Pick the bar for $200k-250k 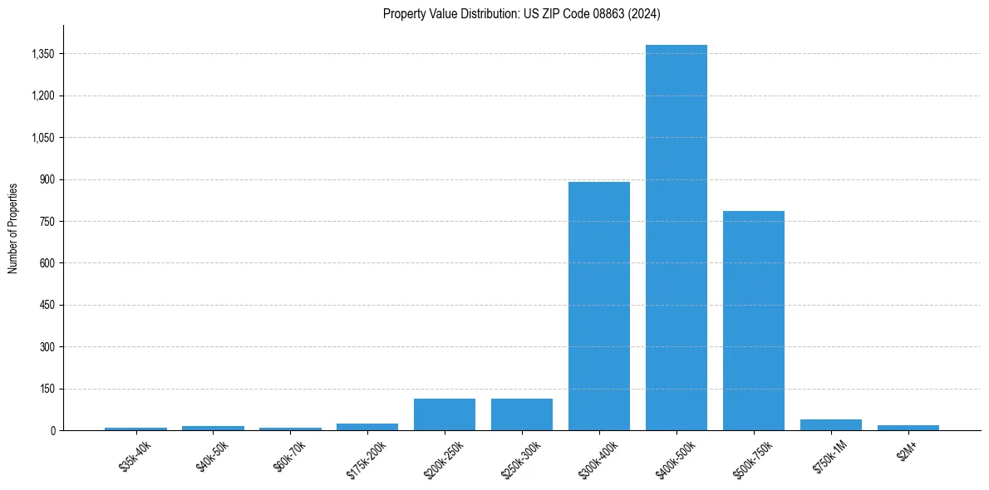point(445,414)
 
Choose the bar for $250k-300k point(522,414)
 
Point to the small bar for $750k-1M point(830,424)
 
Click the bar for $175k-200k point(367,427)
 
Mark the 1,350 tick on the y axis point(42,54)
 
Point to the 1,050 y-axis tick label point(42,138)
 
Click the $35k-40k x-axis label point(135,456)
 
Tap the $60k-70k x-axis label point(289,456)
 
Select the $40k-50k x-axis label point(212,456)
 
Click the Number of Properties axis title point(13,228)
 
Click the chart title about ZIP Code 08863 point(521,13)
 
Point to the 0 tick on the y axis point(53,430)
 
